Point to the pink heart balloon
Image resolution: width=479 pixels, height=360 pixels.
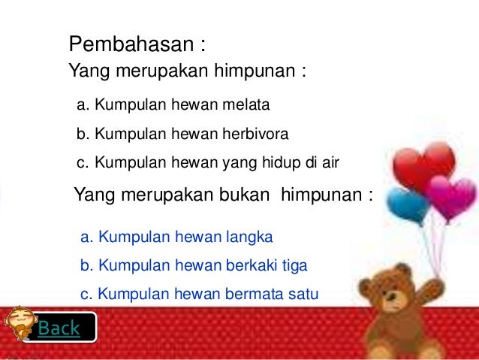point(450,196)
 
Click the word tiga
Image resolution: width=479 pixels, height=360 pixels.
point(294,265)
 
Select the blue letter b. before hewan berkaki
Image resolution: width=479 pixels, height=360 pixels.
point(86,265)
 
